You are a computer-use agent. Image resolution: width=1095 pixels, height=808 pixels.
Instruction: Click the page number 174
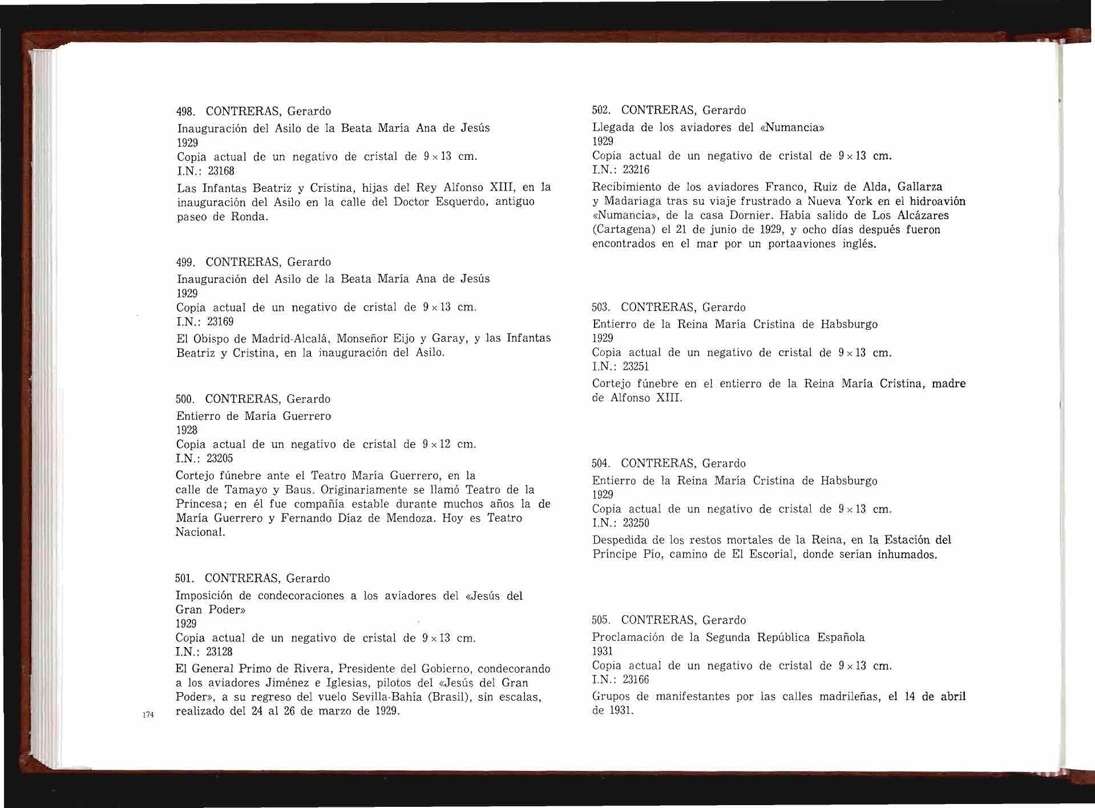[148, 715]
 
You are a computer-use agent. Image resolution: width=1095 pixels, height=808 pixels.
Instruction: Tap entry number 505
[601, 620]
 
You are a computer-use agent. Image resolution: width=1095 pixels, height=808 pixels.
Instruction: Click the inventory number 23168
[221, 171]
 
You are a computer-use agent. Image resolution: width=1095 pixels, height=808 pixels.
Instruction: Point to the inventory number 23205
[220, 459]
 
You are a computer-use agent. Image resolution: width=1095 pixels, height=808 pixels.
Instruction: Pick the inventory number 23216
[636, 170]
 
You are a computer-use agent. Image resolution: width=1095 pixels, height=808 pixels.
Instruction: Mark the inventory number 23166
[636, 680]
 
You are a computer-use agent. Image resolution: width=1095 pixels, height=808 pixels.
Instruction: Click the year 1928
[187, 430]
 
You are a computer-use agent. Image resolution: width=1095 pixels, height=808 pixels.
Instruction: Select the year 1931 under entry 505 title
[602, 651]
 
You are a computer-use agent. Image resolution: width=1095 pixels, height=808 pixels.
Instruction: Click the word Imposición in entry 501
[204, 596]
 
